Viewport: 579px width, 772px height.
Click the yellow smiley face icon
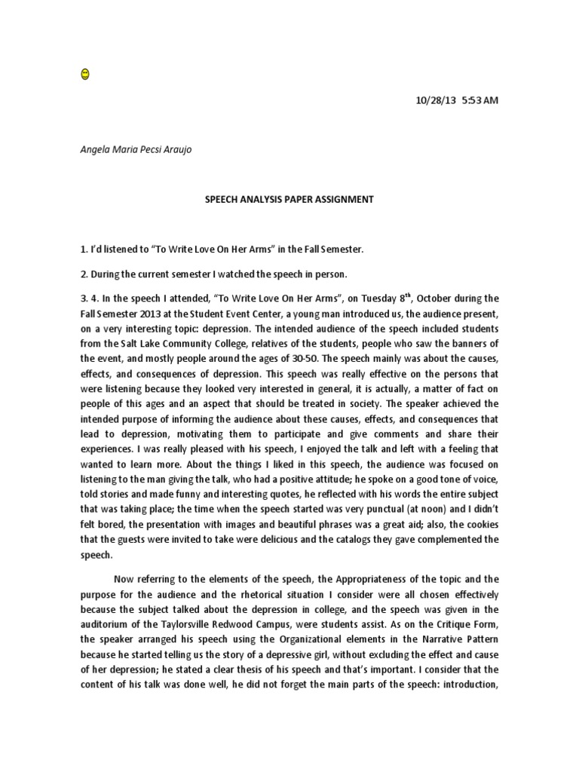(84, 74)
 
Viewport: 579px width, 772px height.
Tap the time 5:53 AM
(479, 100)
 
